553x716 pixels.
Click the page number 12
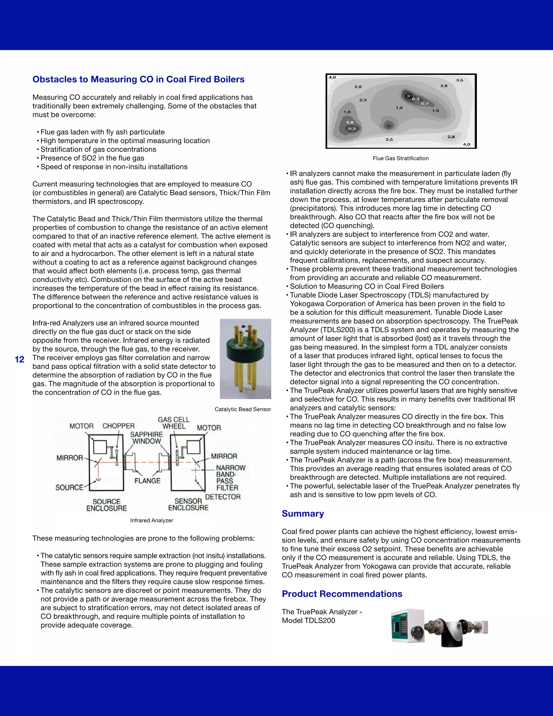point(20,359)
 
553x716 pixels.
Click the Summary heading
point(303,513)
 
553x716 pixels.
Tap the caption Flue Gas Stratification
point(400,158)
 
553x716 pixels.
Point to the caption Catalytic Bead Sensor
point(242,409)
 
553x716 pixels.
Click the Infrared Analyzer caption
point(151,520)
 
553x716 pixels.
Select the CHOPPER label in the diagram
point(118,426)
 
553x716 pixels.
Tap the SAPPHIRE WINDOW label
point(146,438)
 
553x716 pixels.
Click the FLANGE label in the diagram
point(147,481)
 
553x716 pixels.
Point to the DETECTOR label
point(223,497)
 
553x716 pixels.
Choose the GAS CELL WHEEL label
point(174,423)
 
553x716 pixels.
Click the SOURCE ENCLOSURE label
point(106,505)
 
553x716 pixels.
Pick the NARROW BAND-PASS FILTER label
point(230,477)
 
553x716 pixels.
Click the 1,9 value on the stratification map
point(399,108)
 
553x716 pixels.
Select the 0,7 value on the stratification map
point(424,103)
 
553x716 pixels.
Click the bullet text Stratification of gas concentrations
point(98,149)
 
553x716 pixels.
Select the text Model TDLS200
point(308,620)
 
